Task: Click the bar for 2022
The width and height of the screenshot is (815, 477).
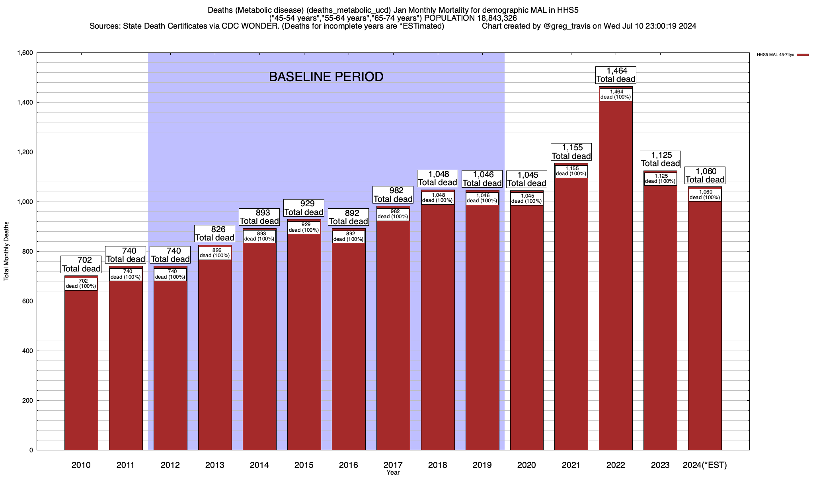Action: tap(615, 278)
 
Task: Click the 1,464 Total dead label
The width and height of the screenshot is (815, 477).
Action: tap(616, 75)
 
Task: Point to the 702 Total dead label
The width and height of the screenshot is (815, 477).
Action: tap(81, 264)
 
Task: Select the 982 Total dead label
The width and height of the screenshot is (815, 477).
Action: tap(393, 195)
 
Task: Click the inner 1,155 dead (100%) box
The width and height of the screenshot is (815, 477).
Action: tap(571, 171)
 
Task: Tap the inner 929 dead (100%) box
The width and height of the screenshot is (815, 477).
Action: tap(304, 227)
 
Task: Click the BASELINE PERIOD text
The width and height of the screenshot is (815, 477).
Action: tap(326, 77)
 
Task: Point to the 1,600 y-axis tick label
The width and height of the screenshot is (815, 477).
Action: tap(25, 53)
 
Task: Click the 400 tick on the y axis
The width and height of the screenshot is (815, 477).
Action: tap(28, 351)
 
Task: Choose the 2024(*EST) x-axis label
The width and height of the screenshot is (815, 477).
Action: tap(704, 465)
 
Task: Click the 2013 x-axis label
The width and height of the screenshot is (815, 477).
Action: tap(215, 465)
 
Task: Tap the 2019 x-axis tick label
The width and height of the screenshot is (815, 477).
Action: tap(482, 465)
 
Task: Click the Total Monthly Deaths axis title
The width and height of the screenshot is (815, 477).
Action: tap(6, 251)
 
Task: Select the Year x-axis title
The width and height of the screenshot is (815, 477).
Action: tap(393, 473)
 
